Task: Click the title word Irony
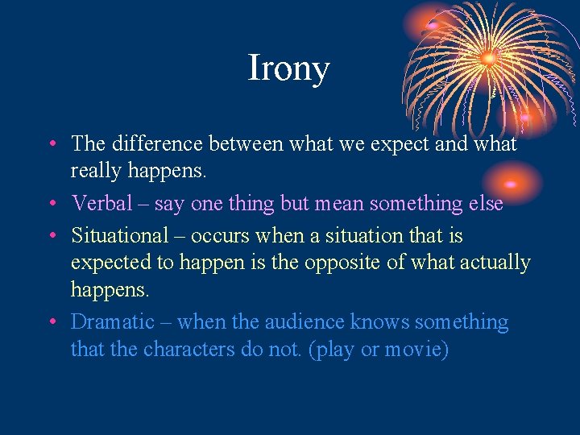(x=288, y=68)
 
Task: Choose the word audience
(x=304, y=322)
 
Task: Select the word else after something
(x=484, y=204)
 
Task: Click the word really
(x=96, y=171)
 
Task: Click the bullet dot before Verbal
(x=51, y=205)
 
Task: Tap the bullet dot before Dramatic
(x=51, y=323)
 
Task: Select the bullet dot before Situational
(x=51, y=237)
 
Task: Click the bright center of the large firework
(x=487, y=58)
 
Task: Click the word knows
(x=379, y=322)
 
